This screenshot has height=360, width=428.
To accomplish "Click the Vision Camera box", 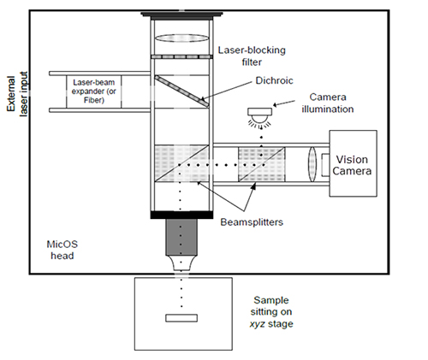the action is point(353,163).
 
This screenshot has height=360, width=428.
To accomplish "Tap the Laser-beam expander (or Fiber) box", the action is point(94,91).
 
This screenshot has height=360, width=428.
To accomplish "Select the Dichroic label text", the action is point(274,80).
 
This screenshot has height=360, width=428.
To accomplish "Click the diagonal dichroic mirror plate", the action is point(181,91).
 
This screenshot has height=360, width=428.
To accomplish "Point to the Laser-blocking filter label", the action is point(252,56).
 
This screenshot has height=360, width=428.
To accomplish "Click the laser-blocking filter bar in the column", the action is point(181,56).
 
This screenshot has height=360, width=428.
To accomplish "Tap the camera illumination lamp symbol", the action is point(259,117).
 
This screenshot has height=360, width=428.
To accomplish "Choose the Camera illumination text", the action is point(328,103).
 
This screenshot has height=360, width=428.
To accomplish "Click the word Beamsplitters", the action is point(252,222).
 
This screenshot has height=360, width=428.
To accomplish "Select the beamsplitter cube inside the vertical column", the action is point(181,163).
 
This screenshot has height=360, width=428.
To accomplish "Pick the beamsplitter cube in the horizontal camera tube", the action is point(262,164).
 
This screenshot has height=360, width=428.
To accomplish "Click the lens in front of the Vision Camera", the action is point(312,164).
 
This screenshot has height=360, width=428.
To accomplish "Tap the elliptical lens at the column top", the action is point(181,38).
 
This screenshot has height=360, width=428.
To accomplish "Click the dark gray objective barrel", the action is point(181,237).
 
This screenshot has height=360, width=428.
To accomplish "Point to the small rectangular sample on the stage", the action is point(181,318).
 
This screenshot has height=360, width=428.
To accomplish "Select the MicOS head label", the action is point(62,250).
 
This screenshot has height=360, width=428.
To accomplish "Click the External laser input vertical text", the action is point(17,94).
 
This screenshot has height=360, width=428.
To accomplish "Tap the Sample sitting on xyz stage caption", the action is point(271,312).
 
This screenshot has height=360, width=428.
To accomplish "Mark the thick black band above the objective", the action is point(181,215).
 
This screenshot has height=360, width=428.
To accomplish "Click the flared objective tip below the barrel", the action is point(181,263).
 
